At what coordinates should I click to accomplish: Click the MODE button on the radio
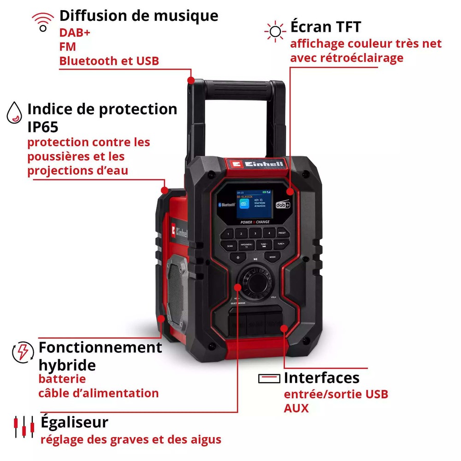[272, 257]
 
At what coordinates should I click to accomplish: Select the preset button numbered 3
[255, 234]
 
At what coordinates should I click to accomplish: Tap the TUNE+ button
[280, 245]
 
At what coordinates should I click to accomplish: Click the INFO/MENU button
[246, 245]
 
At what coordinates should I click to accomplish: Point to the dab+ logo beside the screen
[282, 204]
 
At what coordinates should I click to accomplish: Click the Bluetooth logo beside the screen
[226, 204]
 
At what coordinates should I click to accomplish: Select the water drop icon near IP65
[14, 113]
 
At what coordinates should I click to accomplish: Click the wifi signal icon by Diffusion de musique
[42, 22]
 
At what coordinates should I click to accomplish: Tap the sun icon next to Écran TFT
[275, 31]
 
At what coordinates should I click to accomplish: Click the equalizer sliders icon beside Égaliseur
[24, 426]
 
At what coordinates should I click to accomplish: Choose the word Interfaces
[321, 378]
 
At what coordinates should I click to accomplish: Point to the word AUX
[296, 408]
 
